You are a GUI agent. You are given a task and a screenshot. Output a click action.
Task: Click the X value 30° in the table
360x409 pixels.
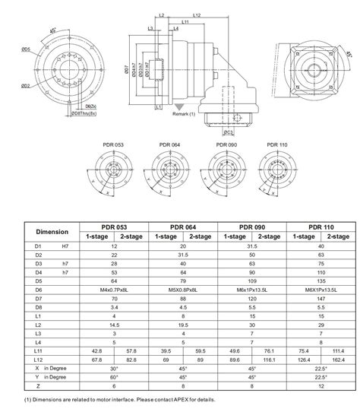pyautogui.click(x=115, y=369)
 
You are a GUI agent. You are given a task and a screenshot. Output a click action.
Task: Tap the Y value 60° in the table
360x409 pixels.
pyautogui.click(x=115, y=379)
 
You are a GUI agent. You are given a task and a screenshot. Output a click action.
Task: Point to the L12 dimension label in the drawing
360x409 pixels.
pyautogui.click(x=197, y=15)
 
